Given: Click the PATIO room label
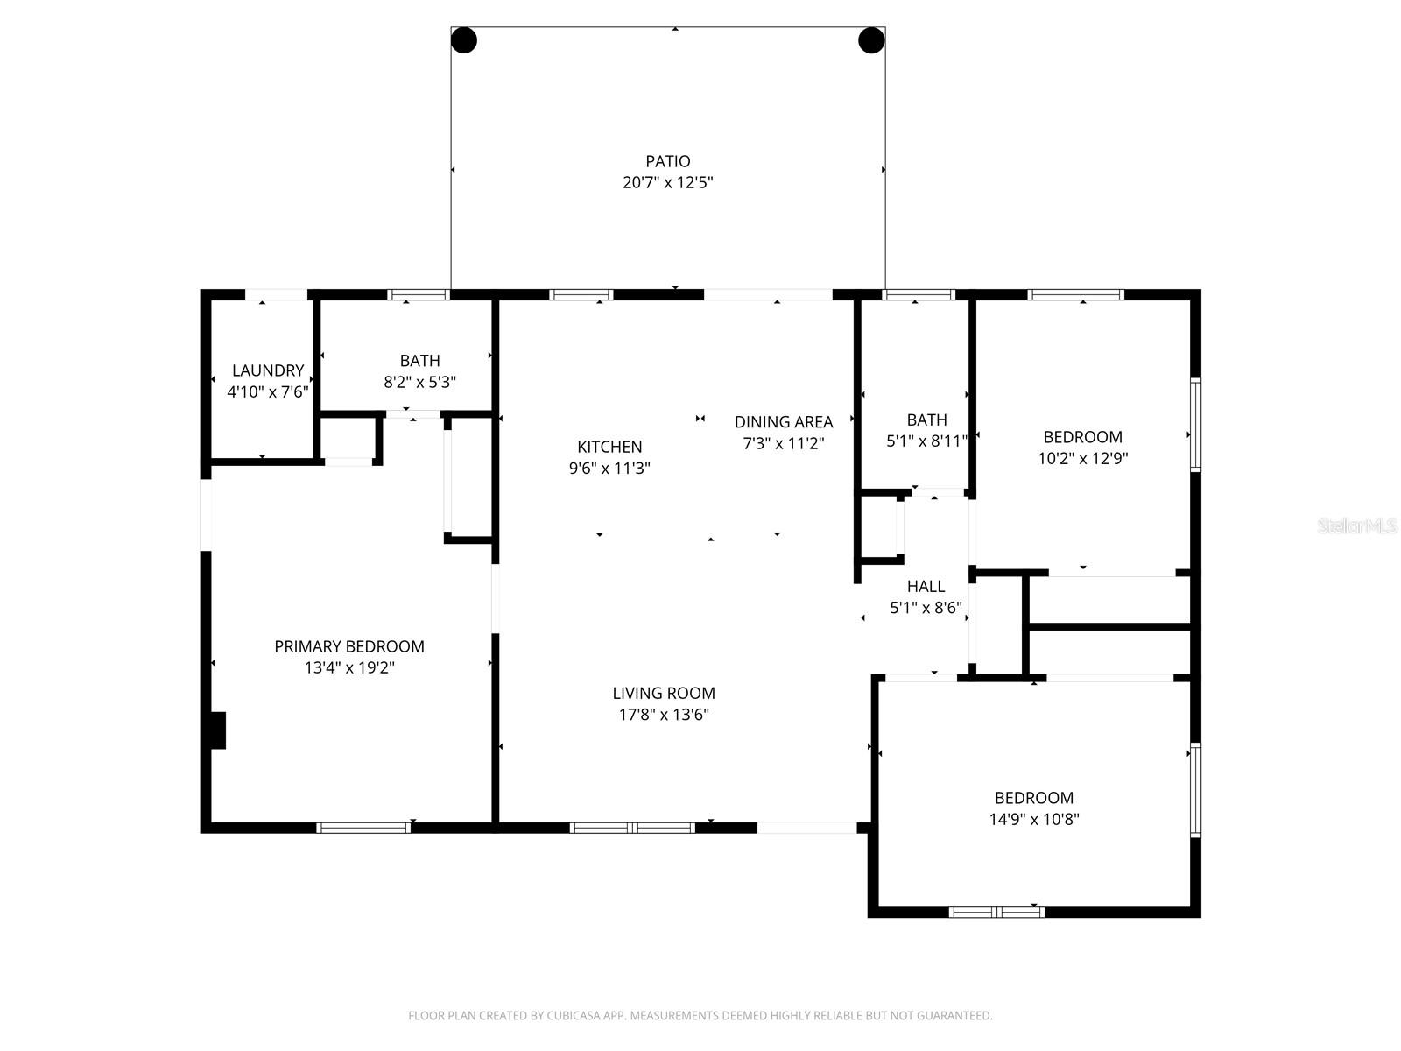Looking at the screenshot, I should pos(668,161).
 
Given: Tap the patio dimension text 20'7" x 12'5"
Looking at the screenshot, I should pos(668,183).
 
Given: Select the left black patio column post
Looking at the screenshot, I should pos(464,40).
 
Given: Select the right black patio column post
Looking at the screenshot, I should pos(871,40).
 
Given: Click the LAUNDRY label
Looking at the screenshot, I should pos(268,370).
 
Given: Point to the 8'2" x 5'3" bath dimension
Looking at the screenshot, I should pos(420,382).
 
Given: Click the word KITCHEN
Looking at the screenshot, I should pos(609,447).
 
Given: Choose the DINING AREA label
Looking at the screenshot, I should pos(783,422).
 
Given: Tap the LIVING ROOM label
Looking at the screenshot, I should pos(664,693).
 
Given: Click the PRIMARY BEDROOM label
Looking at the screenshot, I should pos(349,646).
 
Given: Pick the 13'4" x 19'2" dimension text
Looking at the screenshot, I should pos(349,668).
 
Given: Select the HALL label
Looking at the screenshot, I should pos(926,587).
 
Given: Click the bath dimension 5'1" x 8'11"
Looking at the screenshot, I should pos(926,441).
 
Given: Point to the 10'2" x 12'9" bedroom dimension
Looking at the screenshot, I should pos(1083,458).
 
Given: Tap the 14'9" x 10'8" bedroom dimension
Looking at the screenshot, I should pos(1034,820).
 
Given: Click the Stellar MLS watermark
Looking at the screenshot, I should pos(1356,525).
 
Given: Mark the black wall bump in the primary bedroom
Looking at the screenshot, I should pos(217,730).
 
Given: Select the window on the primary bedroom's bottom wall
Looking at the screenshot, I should pos(363,827).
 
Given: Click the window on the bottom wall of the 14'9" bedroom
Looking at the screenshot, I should pos(996,912).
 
